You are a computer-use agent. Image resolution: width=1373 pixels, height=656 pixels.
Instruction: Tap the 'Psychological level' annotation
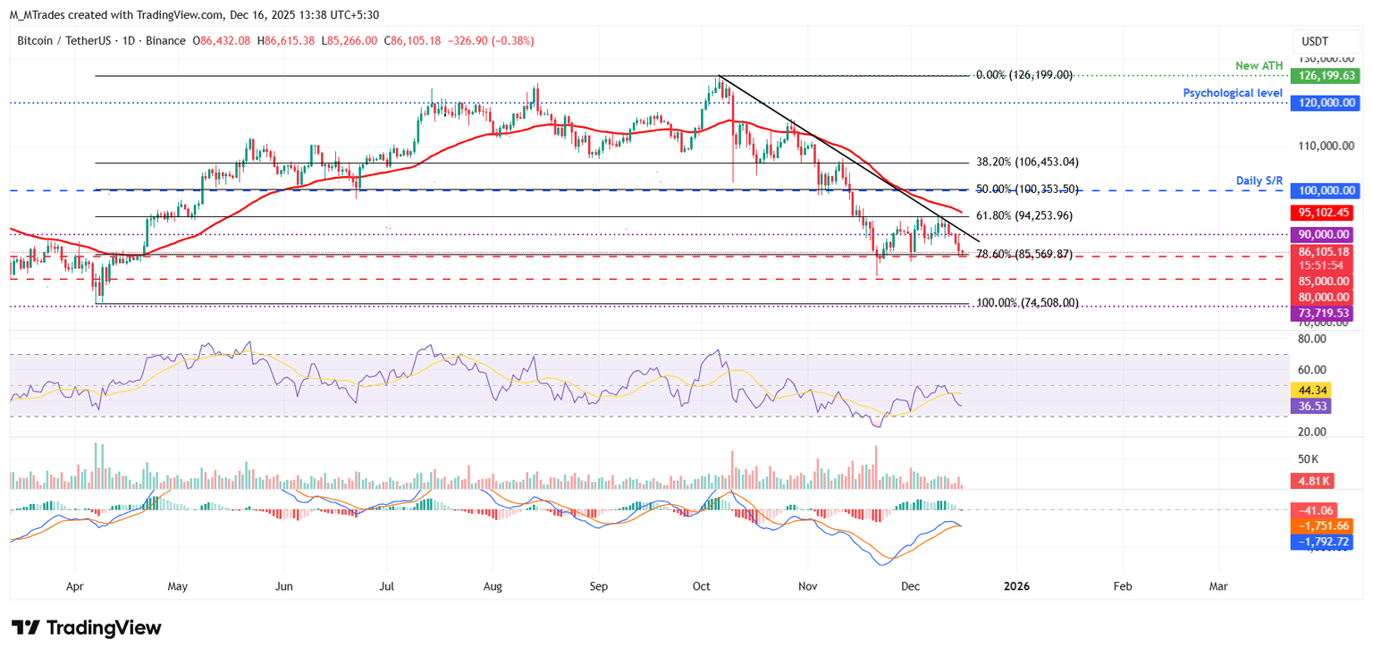tap(1233, 93)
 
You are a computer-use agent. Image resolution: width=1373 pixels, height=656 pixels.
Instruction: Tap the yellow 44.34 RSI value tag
tap(1310, 391)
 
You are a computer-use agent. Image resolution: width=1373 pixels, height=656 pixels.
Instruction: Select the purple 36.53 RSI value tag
tap(1310, 406)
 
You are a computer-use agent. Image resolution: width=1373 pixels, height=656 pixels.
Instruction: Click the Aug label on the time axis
tap(493, 586)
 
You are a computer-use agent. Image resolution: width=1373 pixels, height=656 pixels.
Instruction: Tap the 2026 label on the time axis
tap(1017, 586)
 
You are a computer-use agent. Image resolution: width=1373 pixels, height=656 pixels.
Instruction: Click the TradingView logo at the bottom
tap(87, 627)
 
